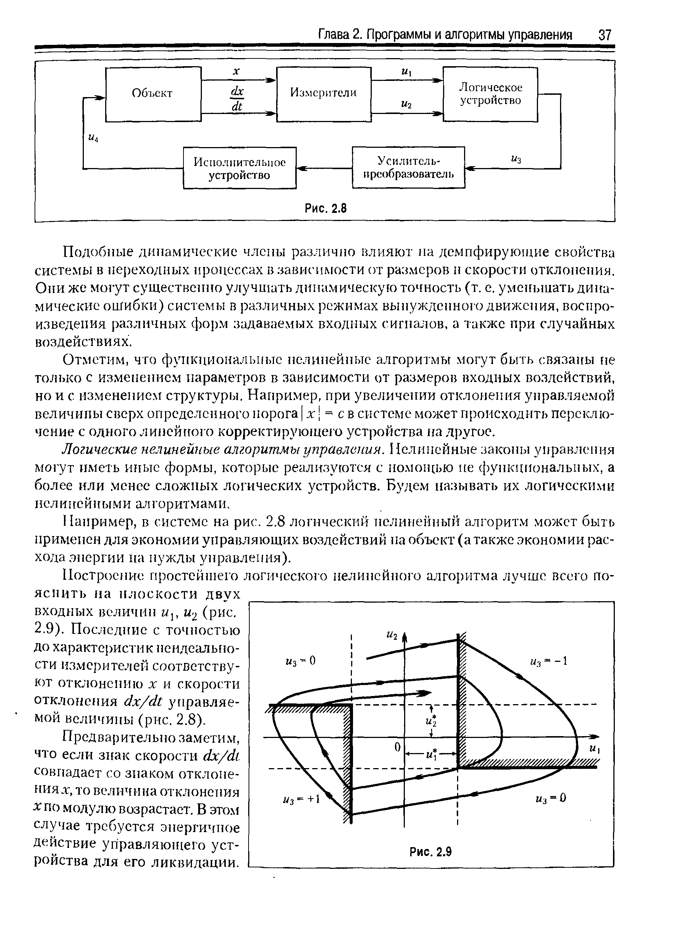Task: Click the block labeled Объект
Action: (x=153, y=94)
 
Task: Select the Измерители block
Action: (x=324, y=94)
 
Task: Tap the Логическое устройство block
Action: (x=490, y=94)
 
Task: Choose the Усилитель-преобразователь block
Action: (x=408, y=167)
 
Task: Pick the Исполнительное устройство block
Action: (x=239, y=168)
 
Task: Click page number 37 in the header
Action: (x=604, y=35)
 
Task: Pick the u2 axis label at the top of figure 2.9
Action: (x=392, y=635)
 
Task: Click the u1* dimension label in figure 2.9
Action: (x=431, y=754)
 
